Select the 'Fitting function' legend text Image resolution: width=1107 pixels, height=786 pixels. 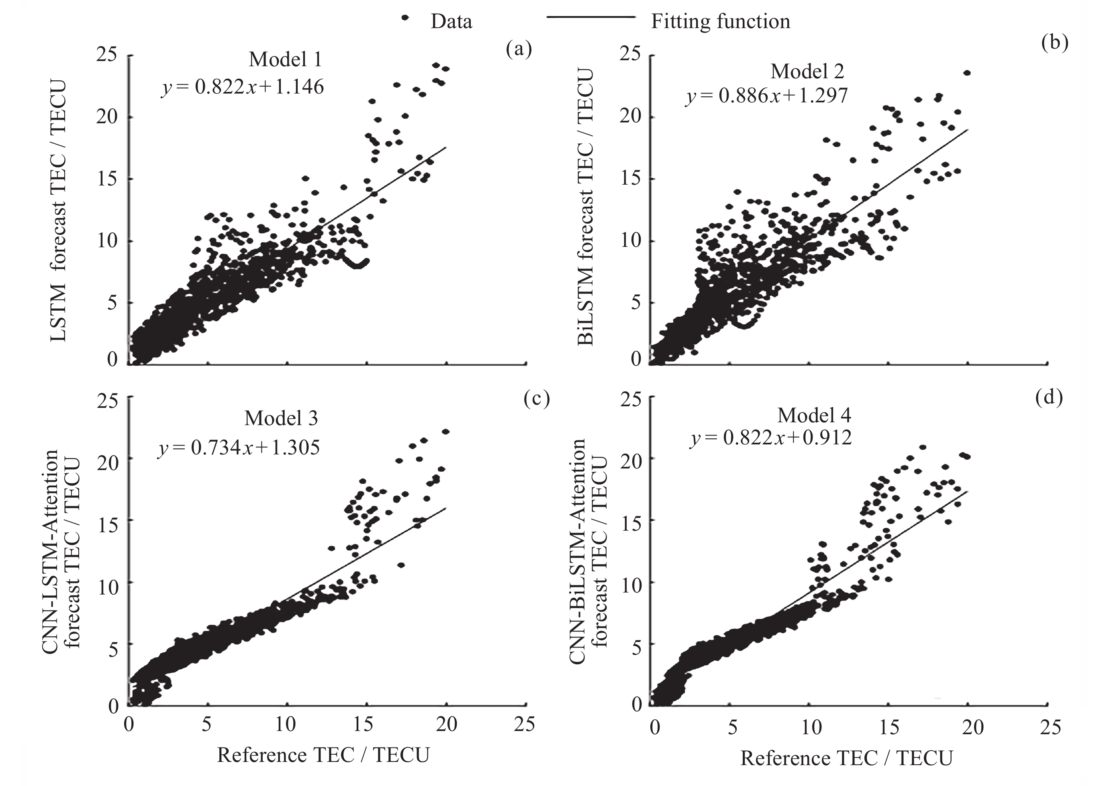[x=720, y=22]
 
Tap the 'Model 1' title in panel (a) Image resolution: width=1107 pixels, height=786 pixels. [x=285, y=59]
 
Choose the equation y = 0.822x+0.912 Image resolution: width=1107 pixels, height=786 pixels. [x=771, y=438]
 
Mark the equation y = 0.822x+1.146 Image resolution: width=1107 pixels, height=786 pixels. [x=243, y=87]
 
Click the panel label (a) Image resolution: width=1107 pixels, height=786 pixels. [x=519, y=49]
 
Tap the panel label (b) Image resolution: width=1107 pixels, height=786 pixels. [x=1054, y=43]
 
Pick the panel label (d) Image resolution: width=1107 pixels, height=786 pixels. [x=1049, y=397]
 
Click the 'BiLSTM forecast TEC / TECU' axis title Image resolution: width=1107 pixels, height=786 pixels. [x=585, y=207]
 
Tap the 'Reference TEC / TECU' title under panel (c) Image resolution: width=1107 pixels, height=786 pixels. [x=323, y=755]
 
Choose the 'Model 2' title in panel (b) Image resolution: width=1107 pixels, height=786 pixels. [x=807, y=71]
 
